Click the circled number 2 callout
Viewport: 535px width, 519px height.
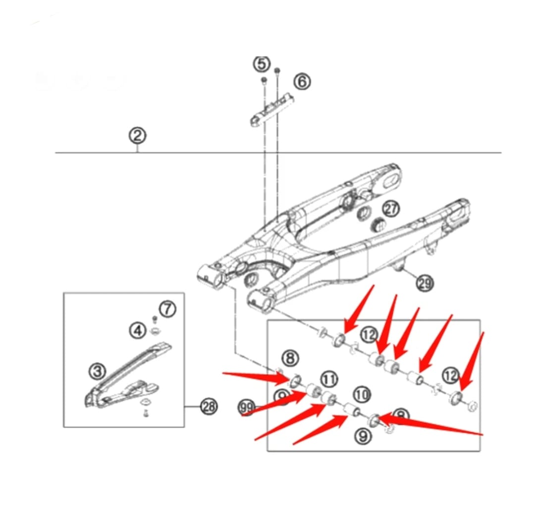tap(137, 135)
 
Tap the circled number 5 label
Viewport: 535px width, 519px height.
tap(262, 63)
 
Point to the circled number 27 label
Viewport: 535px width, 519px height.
tap(391, 209)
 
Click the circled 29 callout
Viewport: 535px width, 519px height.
tap(425, 283)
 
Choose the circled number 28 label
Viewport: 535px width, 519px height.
tap(209, 407)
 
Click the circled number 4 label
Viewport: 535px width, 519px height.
tap(138, 330)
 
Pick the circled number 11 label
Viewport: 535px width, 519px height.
tap(329, 379)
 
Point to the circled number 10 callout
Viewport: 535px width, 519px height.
tap(362, 395)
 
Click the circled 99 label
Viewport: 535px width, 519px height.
tap(246, 407)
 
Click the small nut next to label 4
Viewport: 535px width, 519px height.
tap(155, 331)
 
